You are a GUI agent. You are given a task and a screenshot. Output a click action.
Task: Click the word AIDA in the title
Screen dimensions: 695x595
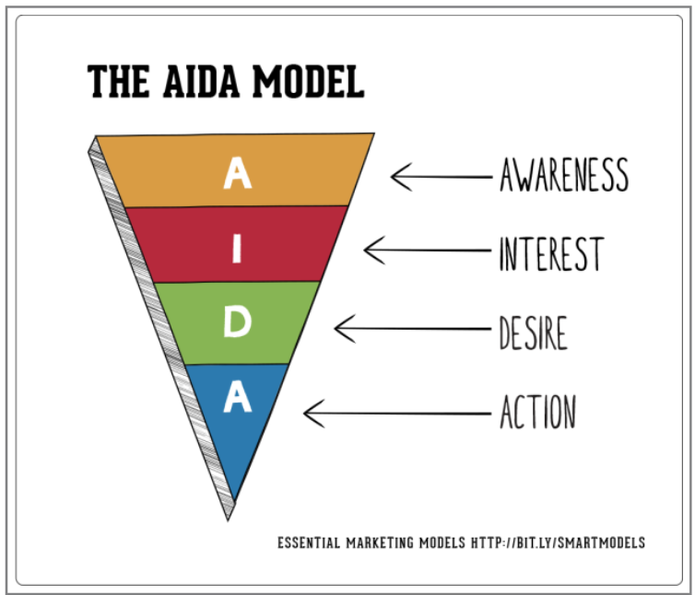tap(202, 82)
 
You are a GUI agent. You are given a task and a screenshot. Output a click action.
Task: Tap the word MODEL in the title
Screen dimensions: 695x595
tap(308, 82)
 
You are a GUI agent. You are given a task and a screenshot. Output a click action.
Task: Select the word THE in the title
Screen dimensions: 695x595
tap(118, 82)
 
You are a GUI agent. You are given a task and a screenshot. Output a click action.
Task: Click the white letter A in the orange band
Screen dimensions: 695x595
tap(237, 173)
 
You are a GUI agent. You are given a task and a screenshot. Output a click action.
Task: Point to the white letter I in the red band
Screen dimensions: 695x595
tap(237, 249)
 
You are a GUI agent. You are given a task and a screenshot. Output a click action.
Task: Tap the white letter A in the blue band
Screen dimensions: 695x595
tap(237, 396)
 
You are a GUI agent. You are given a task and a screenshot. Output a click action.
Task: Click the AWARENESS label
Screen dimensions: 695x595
tap(564, 175)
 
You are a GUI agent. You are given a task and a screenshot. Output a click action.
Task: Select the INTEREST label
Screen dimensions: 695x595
tap(552, 253)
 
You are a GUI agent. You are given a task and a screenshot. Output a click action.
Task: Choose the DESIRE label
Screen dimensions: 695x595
tap(533, 332)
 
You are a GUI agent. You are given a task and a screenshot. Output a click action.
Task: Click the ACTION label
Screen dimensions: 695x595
tap(538, 412)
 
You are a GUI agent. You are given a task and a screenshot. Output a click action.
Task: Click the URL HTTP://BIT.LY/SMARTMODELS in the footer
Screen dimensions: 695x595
tap(558, 542)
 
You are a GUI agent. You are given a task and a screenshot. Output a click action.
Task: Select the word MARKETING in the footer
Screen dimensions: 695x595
tap(380, 542)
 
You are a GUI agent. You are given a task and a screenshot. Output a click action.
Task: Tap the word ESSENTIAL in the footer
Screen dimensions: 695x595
tap(309, 542)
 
